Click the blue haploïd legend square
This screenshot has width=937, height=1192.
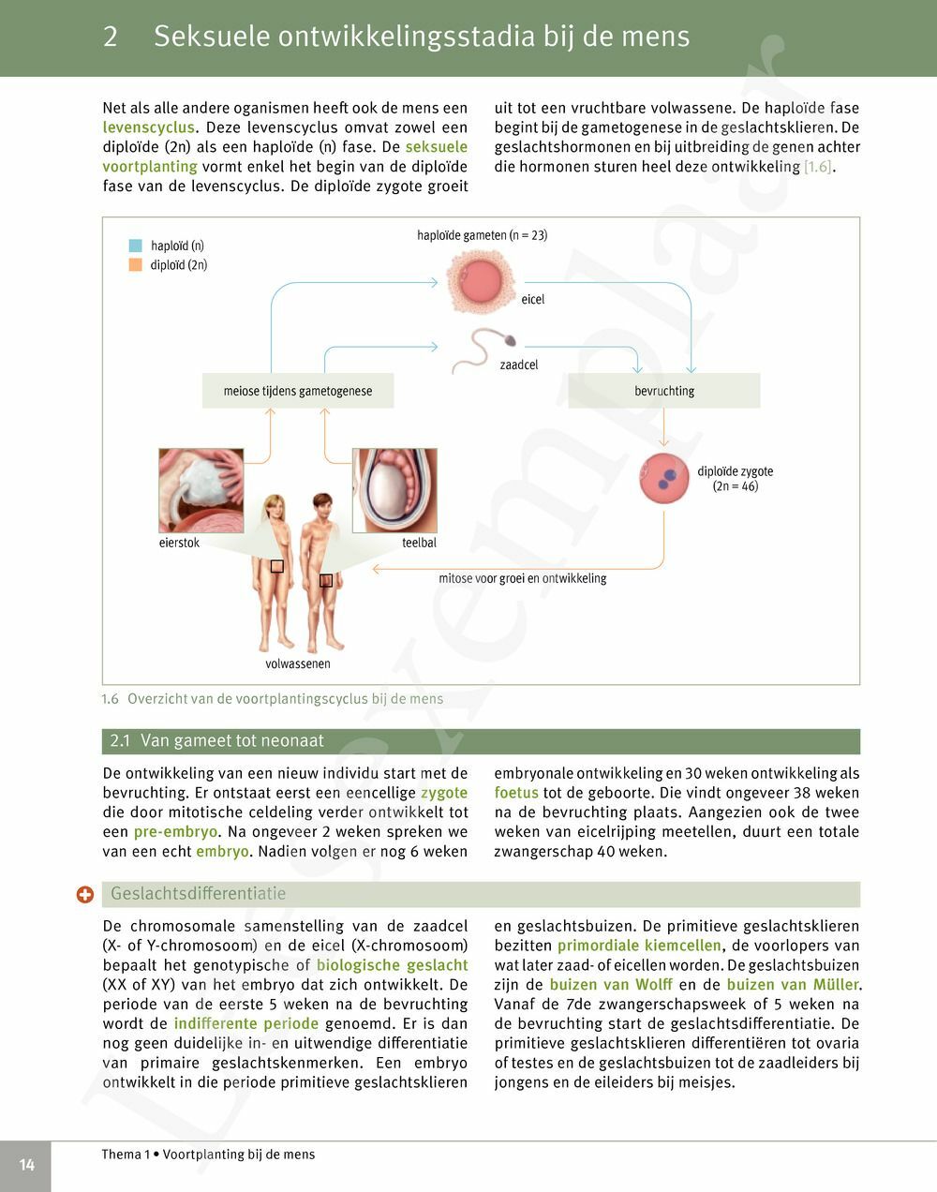[136, 246]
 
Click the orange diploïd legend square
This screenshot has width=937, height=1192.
[136, 265]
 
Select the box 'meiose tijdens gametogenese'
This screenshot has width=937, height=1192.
[298, 391]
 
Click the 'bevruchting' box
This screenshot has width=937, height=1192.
[664, 391]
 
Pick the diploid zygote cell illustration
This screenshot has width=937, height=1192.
[664, 479]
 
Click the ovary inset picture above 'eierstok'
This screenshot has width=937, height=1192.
[201, 490]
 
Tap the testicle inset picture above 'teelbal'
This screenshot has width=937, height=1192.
[394, 490]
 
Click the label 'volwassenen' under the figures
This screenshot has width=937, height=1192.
[298, 663]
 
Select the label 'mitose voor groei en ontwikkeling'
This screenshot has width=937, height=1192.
[523, 578]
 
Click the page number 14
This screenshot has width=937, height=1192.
[26, 1165]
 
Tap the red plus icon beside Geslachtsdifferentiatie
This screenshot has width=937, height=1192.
[85, 895]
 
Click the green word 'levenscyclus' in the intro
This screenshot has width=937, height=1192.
[149, 127]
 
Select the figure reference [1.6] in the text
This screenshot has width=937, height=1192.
[817, 167]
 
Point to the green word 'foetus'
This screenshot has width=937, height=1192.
[516, 793]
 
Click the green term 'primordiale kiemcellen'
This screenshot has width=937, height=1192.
[639, 946]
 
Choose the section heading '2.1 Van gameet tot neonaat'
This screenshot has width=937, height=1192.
[217, 740]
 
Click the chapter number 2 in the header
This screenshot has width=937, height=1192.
[111, 37]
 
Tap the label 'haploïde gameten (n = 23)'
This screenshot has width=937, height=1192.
[482, 235]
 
